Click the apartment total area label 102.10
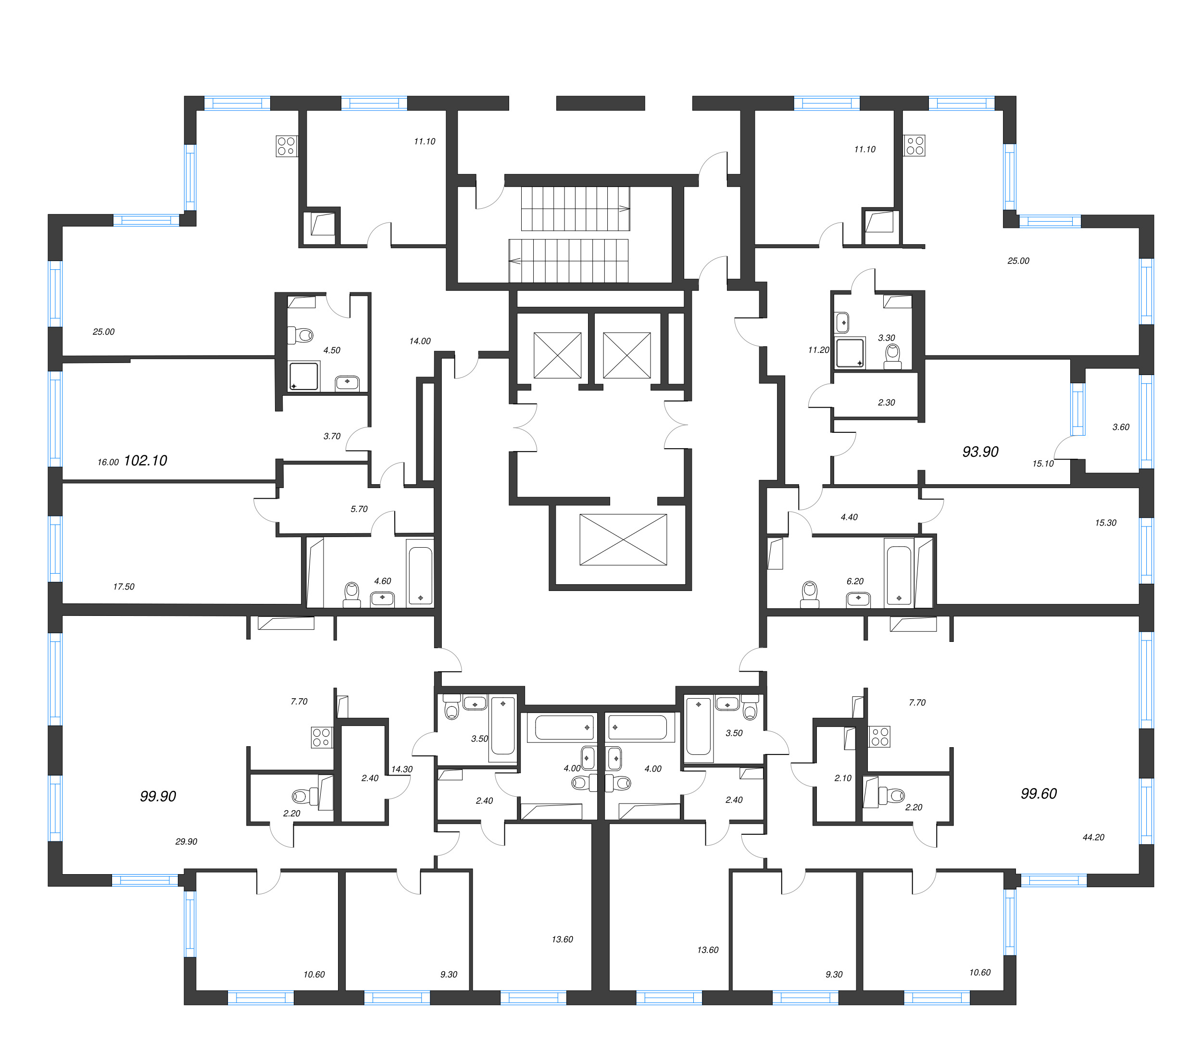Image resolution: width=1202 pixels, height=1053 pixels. point(145,461)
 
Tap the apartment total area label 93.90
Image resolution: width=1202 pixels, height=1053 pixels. point(980,452)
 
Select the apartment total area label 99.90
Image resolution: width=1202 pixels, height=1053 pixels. point(158,796)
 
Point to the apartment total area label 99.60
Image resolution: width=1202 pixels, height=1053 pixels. point(1039,794)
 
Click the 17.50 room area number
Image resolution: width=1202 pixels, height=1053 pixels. point(124,587)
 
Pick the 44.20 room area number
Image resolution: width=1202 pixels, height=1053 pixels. point(1093,837)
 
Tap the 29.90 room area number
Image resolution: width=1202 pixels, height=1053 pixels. point(186,841)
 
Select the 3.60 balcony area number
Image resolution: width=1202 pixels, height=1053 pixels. point(1121,427)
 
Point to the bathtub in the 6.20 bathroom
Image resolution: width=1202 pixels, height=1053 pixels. point(899,575)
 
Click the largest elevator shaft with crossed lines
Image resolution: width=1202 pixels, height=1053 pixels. point(623,539)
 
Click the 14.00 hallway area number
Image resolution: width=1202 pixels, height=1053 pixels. point(420,341)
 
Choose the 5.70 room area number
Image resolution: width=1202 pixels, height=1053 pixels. point(359,509)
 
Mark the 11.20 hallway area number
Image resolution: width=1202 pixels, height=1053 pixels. point(818,350)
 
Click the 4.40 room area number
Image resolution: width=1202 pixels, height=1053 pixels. point(849,517)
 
